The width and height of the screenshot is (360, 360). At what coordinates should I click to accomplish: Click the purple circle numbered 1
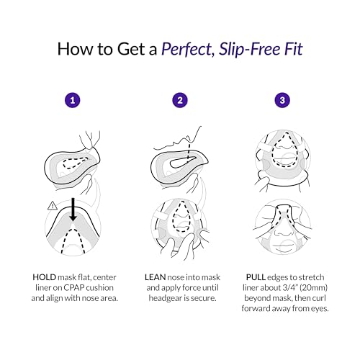[x=73, y=100]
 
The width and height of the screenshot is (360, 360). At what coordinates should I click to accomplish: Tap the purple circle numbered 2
[x=180, y=100]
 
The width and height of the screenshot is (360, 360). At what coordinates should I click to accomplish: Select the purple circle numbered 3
[x=282, y=100]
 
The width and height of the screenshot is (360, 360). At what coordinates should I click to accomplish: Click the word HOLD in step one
[x=44, y=277]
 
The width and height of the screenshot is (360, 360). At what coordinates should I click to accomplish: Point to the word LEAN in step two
[x=155, y=277]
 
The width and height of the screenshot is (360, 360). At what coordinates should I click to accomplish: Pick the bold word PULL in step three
[x=256, y=277]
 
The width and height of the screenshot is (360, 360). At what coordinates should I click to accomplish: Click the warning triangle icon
[x=53, y=206]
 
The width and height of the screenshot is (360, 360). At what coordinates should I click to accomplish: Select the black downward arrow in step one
[x=73, y=210]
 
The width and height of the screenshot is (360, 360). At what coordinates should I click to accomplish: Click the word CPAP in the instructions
[x=73, y=288]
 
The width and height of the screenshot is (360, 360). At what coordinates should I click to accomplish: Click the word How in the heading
[x=76, y=49]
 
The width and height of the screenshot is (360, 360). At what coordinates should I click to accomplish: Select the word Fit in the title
[x=294, y=49]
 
